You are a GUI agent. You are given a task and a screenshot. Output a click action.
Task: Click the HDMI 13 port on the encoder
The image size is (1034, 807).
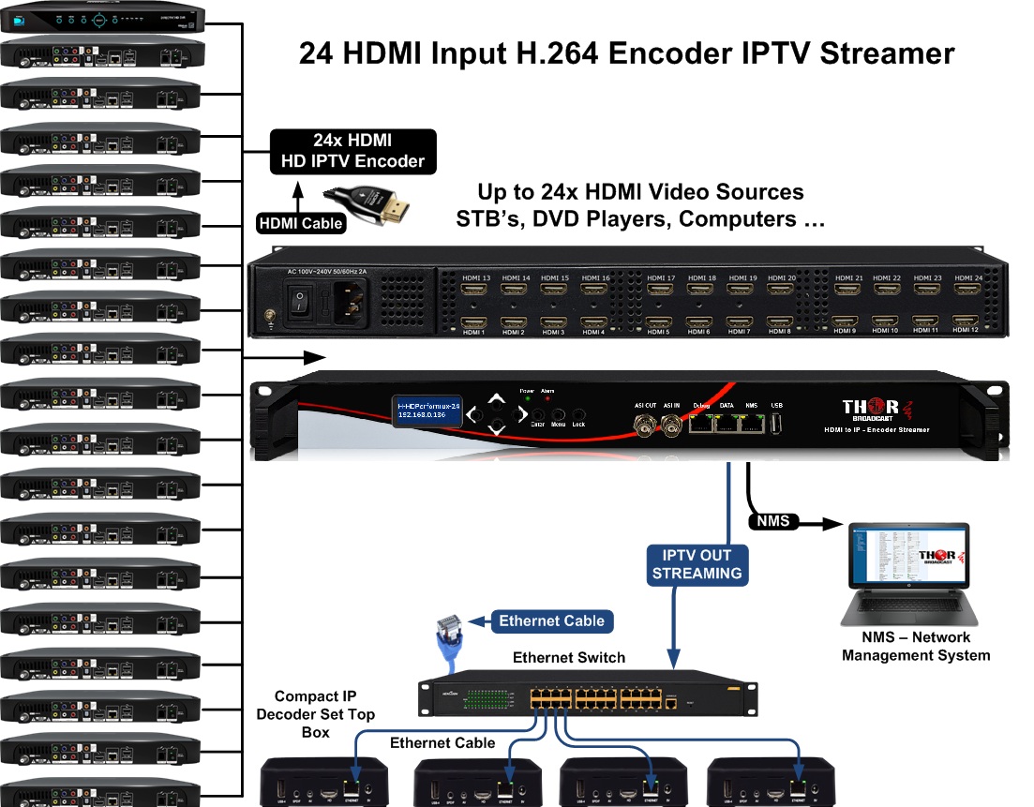coord(479,291)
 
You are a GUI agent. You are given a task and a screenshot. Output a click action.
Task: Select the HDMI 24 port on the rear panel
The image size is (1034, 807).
coord(967,291)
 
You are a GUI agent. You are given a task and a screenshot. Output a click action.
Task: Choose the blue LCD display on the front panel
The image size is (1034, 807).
coord(428,409)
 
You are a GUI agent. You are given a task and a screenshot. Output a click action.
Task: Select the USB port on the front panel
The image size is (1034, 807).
coord(775,423)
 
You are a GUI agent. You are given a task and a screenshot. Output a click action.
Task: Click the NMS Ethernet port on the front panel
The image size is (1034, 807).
coord(751,422)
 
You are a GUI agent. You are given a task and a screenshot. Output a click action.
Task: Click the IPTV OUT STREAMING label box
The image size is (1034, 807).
coord(696,563)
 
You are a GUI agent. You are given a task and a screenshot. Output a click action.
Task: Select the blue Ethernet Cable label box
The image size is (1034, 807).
coord(552,620)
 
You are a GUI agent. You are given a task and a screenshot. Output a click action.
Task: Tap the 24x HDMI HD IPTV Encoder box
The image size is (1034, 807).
coord(352,151)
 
